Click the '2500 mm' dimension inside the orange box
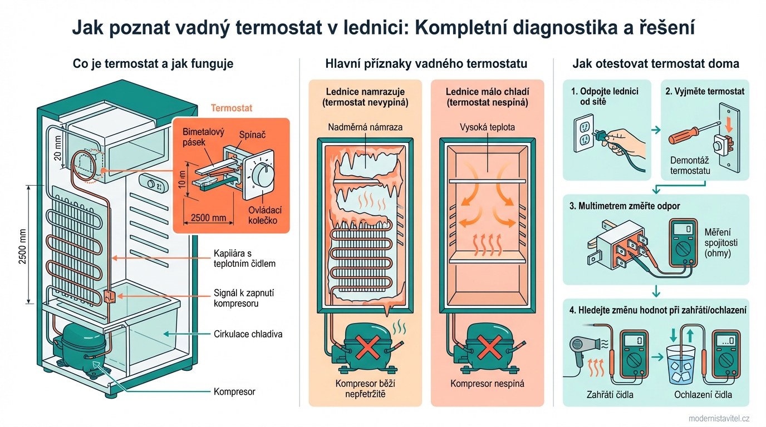tap(208, 217)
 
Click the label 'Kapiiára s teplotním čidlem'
tap(244, 259)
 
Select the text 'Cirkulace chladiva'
tap(248, 334)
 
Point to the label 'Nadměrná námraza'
tap(365, 127)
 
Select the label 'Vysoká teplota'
tap(487, 127)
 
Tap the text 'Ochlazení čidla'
tap(703, 395)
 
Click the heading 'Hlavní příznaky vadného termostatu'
tap(426, 64)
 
